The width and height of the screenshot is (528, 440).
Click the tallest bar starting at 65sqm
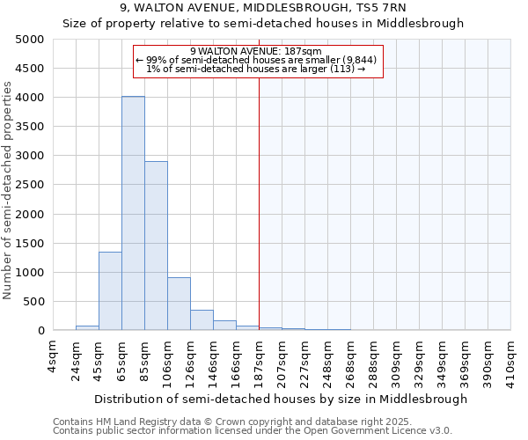pyautogui.click(x=133, y=213)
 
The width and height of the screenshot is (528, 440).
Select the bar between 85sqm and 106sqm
pyautogui.click(x=156, y=246)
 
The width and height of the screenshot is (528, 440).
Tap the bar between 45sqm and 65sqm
pyautogui.click(x=110, y=290)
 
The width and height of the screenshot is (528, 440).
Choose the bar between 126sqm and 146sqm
pyautogui.click(x=202, y=320)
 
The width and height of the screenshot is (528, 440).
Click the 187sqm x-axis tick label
pyautogui.click(x=259, y=357)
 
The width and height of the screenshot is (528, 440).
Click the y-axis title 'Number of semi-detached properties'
pyautogui.click(x=8, y=190)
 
